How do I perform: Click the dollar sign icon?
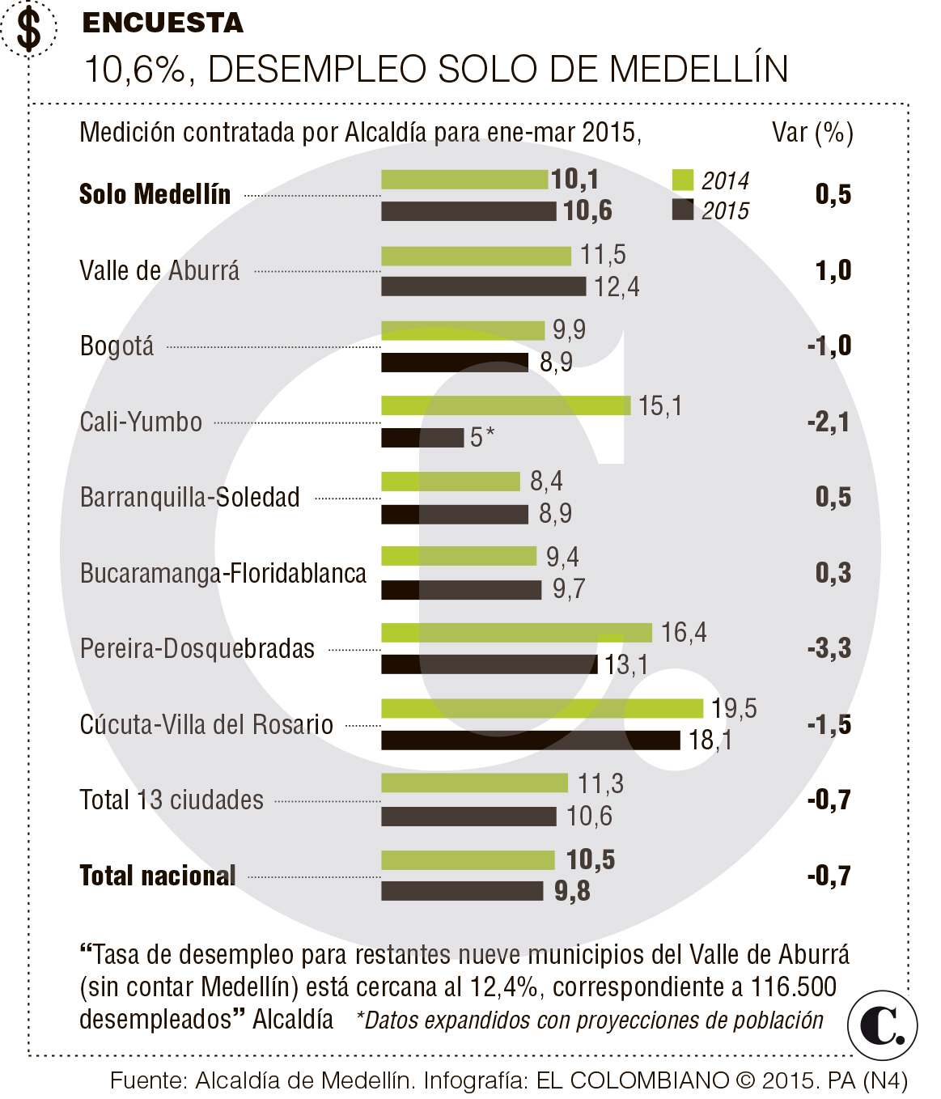tap(29, 29)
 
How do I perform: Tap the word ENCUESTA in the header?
tap(163, 23)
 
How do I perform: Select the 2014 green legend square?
tap(683, 180)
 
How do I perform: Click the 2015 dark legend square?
tap(683, 210)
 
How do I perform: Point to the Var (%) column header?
tap(812, 132)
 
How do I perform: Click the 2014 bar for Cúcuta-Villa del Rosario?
tap(542, 708)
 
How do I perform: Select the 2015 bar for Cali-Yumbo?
tap(422, 438)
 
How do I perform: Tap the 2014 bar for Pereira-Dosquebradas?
tap(516, 632)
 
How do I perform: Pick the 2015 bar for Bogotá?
tap(455, 363)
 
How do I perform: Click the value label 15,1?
tap(659, 405)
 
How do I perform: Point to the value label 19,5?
tap(734, 708)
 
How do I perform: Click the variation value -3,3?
tap(829, 648)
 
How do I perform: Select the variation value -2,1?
tap(829, 422)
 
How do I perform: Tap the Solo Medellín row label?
tap(155, 194)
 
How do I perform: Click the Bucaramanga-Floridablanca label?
tap(223, 573)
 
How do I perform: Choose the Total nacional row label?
tap(158, 876)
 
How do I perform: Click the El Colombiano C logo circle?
tap(882, 1025)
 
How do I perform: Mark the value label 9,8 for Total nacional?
tap(572, 891)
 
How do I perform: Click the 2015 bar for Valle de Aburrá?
tap(484, 286)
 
